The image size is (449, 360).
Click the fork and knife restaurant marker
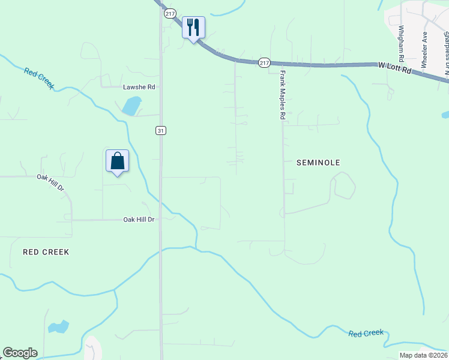[193, 28]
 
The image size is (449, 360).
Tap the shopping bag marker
[117, 161]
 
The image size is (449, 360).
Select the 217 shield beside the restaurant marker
[170, 14]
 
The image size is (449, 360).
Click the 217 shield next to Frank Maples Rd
[264, 62]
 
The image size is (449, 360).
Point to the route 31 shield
[160, 130]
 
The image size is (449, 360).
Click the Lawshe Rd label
[139, 87]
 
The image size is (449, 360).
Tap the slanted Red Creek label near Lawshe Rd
[40, 78]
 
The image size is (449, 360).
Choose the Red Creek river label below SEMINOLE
[366, 332]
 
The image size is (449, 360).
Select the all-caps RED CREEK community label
[46, 252]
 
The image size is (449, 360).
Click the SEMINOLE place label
[318, 163]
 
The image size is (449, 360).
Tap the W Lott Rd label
[394, 70]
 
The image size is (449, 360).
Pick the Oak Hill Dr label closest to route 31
[139, 220]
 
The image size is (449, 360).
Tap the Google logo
[20, 353]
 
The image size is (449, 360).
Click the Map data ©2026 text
[423, 355]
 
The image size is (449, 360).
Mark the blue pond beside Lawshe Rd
[131, 106]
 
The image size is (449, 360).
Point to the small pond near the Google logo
[58, 328]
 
